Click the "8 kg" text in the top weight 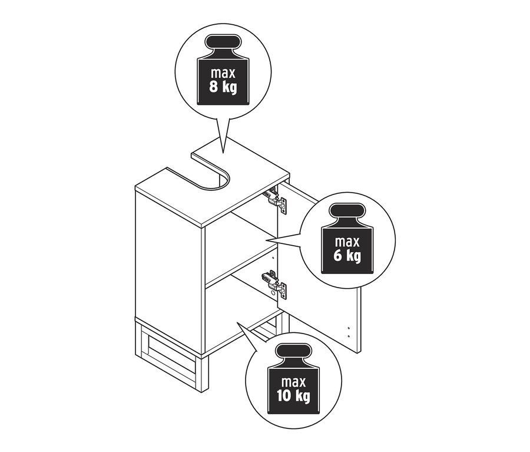(223, 87)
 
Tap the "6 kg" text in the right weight (347, 256)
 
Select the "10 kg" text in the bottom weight (293, 396)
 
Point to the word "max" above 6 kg (347, 242)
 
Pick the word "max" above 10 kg (293, 382)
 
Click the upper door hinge (276, 200)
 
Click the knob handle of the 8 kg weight (223, 42)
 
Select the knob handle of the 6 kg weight (347, 212)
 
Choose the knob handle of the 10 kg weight (293, 352)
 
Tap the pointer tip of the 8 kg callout (223, 153)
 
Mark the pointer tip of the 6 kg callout (266, 241)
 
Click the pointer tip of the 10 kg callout (237, 322)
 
